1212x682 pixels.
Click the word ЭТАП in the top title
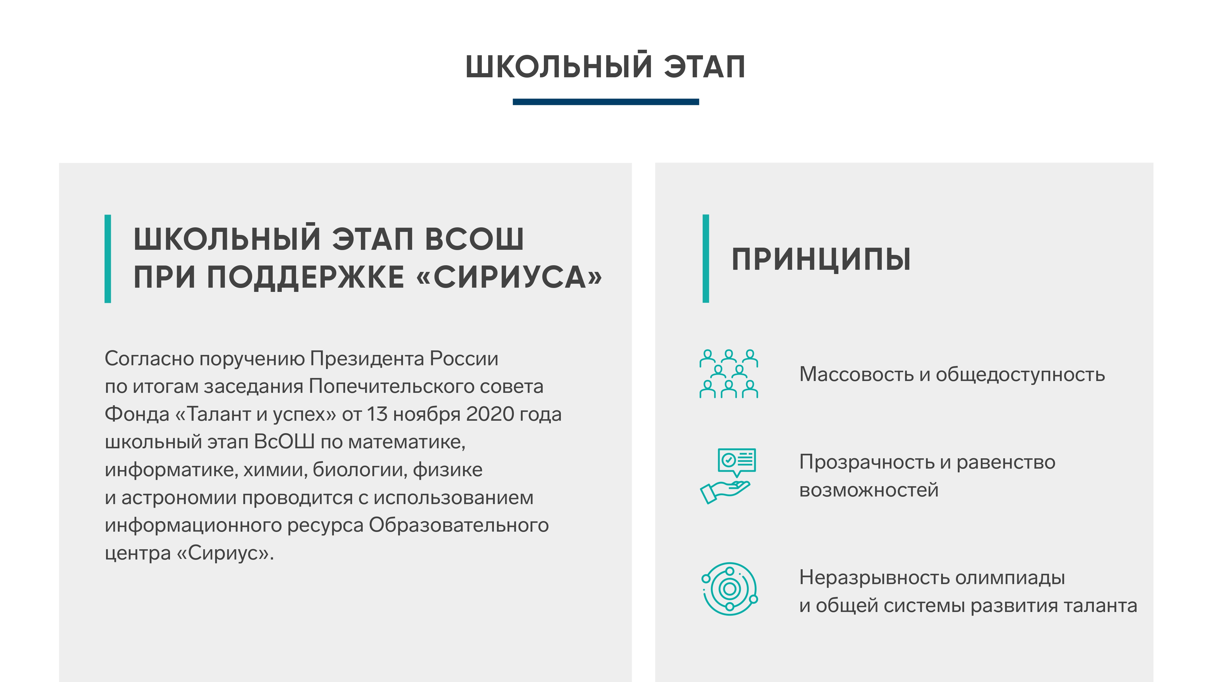coord(704,67)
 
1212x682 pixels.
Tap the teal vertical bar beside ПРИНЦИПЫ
coord(705,258)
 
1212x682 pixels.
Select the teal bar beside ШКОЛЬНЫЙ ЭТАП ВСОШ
coord(108,258)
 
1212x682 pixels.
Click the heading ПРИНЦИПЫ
coord(821,259)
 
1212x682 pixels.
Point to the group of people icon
coord(728,374)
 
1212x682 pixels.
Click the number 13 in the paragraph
coord(377,414)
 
